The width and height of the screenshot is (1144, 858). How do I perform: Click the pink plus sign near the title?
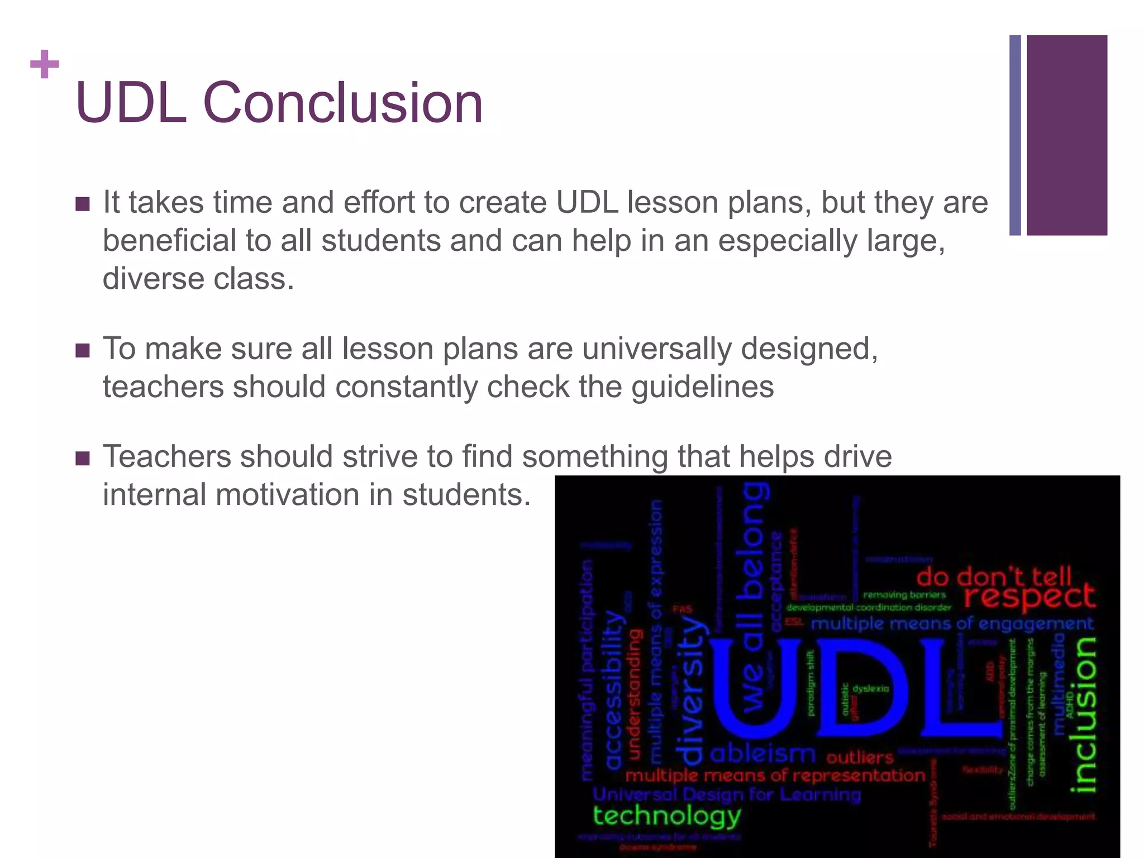(45, 65)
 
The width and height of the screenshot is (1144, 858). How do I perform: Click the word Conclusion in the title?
(342, 103)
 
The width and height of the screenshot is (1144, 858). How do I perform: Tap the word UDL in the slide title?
(131, 103)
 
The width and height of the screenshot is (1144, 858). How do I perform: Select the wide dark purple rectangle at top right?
(1066, 135)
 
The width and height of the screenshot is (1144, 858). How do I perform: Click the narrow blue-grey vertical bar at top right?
(1015, 135)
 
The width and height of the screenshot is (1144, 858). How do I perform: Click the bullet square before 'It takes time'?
(83, 204)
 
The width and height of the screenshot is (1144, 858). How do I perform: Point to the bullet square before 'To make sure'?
(83, 350)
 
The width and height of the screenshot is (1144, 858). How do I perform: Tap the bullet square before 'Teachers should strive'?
(83, 458)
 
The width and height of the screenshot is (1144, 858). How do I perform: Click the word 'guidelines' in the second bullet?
(703, 387)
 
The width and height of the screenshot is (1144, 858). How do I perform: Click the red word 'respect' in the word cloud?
(1029, 597)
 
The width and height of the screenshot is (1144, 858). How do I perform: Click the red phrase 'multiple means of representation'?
(775, 775)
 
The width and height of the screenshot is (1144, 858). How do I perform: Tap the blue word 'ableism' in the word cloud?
(762, 755)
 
